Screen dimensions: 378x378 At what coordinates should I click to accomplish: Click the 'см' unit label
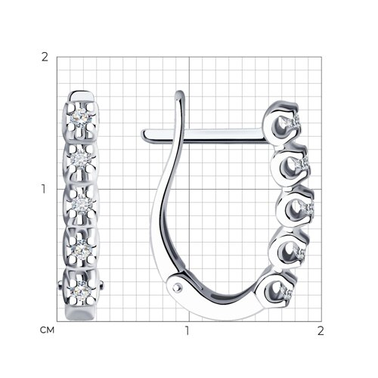47,330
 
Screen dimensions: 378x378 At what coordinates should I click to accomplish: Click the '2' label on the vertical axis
45,57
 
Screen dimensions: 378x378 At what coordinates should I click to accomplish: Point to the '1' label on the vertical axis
44,189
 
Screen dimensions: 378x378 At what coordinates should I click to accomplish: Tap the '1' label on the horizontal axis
187,331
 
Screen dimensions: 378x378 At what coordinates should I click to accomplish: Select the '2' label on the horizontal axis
321,331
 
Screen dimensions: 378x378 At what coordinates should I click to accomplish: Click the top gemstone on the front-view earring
80,116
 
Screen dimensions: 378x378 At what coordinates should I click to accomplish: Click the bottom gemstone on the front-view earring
81,292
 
